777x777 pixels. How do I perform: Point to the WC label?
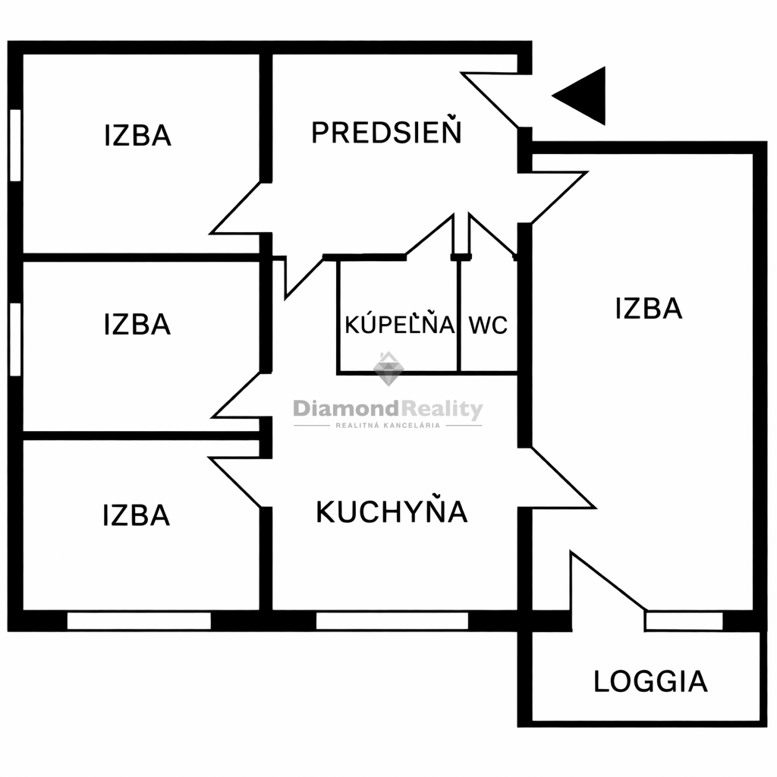(x=488, y=325)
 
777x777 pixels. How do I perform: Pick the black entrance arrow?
(x=579, y=96)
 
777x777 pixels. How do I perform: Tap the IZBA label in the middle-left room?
(x=137, y=325)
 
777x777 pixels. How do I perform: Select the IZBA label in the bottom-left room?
(x=137, y=515)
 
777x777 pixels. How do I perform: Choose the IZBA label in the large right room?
(x=649, y=308)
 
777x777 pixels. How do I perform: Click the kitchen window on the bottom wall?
(x=392, y=621)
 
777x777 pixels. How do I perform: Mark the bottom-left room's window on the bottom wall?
(x=139, y=621)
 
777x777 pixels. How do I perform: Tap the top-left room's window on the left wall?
(x=15, y=145)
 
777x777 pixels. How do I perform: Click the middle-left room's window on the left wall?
(x=15, y=339)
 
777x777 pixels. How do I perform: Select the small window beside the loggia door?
(x=684, y=621)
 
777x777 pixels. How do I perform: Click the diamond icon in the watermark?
(x=388, y=369)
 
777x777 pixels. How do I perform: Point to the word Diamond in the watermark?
(x=346, y=409)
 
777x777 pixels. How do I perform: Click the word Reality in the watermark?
(x=442, y=411)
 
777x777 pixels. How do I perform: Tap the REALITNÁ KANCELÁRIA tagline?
(x=388, y=425)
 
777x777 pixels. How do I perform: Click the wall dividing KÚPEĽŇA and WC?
(x=459, y=315)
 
